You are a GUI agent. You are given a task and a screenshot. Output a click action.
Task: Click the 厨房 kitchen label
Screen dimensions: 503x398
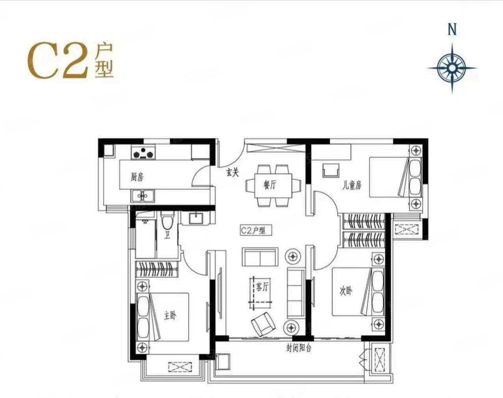(x=137, y=177)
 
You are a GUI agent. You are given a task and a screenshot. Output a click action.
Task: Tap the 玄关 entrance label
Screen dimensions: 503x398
(x=233, y=173)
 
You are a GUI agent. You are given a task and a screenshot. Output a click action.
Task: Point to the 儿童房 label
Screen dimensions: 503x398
(x=352, y=186)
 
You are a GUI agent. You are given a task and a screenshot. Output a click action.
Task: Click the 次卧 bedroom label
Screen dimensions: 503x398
(x=346, y=291)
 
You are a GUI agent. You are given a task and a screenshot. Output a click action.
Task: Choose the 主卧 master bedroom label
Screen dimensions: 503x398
(x=170, y=316)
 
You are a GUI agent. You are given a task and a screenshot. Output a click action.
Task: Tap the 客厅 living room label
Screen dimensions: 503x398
(x=262, y=287)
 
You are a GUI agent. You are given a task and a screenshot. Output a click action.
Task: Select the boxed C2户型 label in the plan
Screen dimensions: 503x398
(x=256, y=230)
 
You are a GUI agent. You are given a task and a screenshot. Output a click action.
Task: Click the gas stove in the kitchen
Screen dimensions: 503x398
(x=143, y=153)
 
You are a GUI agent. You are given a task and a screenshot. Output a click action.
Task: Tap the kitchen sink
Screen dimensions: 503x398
(x=143, y=196)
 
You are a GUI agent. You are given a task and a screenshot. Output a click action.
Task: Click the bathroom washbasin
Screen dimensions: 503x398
(x=196, y=218)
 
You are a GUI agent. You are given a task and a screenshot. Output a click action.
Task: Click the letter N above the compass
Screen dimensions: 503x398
(x=452, y=30)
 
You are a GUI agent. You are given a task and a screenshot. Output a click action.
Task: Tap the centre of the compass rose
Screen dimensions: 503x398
(x=452, y=68)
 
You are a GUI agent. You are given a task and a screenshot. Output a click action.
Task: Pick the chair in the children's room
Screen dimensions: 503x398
(x=331, y=170)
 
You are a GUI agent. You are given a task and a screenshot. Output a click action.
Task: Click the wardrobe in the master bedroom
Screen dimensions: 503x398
(x=156, y=269)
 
